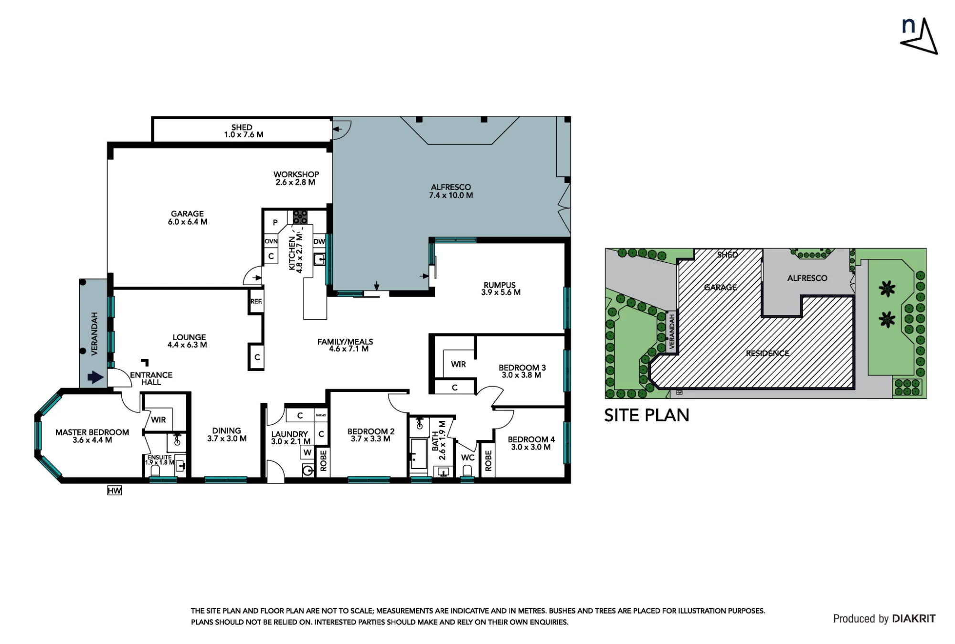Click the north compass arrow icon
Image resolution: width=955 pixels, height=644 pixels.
tap(920, 37)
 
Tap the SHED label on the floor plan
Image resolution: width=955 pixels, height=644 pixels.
tap(242, 128)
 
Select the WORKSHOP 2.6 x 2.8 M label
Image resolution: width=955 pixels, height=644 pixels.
tap(296, 178)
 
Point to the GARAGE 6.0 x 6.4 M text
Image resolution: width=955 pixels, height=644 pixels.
tap(188, 218)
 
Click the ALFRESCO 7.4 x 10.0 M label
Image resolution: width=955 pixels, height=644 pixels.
tap(451, 191)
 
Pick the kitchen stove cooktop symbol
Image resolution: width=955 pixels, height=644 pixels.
tap(300, 217)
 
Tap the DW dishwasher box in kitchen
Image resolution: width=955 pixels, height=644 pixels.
tap(319, 242)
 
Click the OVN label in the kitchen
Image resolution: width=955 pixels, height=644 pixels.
tap(271, 241)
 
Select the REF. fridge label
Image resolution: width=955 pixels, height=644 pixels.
tap(256, 301)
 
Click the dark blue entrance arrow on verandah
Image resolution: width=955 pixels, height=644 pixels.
tap(95, 377)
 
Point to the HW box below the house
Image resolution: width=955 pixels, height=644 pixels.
tap(115, 491)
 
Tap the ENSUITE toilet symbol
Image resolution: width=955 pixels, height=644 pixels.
tap(155, 471)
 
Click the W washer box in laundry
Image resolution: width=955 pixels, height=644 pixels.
tap(308, 452)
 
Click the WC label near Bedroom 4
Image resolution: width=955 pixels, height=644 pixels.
tap(468, 458)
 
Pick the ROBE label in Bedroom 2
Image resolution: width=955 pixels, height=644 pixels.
tap(323, 461)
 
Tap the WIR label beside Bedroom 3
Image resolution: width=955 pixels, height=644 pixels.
tap(458, 365)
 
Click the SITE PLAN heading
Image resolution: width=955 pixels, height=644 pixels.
tap(647, 416)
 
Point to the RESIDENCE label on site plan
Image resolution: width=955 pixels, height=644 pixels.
tap(767, 354)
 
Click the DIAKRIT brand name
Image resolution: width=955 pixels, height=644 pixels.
tap(913, 619)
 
